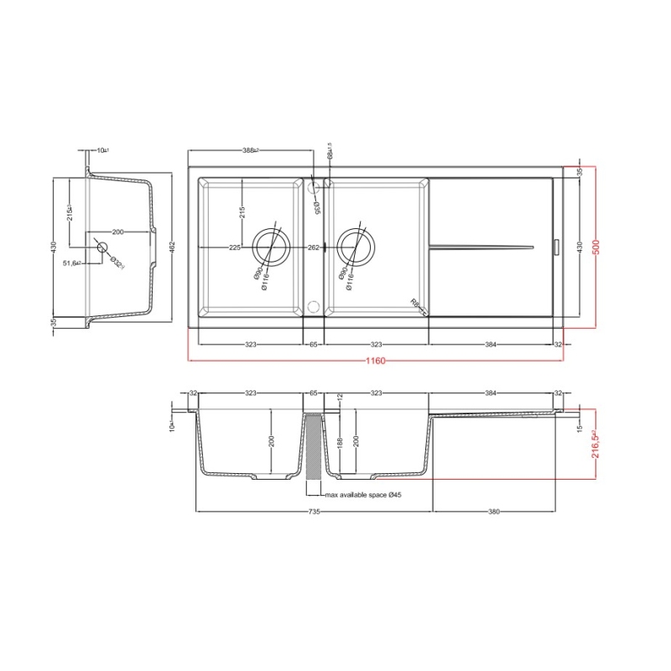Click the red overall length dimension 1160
pyautogui.click(x=375, y=362)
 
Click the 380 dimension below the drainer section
pyautogui.click(x=496, y=512)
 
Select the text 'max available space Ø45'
pyautogui.click(x=362, y=496)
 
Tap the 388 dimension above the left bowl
pyautogui.click(x=250, y=151)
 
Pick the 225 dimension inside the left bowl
pyautogui.click(x=236, y=247)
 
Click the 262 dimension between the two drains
pyautogui.click(x=313, y=247)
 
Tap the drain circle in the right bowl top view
pyautogui.click(x=356, y=247)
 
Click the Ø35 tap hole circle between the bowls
pyautogui.click(x=313, y=189)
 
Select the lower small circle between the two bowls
pyautogui.click(x=313, y=304)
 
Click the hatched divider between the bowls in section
pyautogui.click(x=313, y=449)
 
